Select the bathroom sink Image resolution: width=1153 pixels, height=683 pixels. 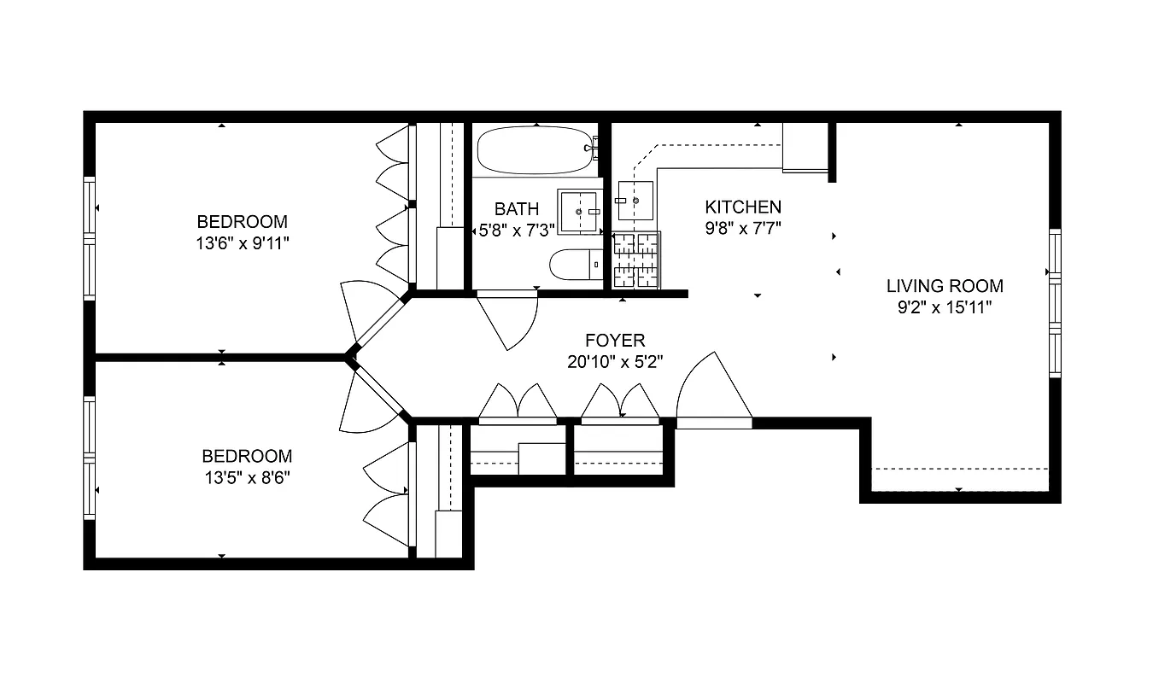click(580, 211)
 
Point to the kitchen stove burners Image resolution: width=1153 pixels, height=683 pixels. click(636, 260)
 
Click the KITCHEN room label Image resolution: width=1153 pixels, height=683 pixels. click(742, 207)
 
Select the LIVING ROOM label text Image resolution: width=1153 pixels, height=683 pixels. click(944, 286)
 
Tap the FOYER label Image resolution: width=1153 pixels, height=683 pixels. click(615, 341)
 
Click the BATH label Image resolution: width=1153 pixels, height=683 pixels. click(517, 208)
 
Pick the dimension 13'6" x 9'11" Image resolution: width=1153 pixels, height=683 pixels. click(243, 243)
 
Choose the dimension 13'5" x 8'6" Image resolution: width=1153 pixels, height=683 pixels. click(247, 478)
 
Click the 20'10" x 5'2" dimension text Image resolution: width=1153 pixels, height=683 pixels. click(615, 362)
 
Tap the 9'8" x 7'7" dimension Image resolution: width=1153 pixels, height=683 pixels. click(742, 228)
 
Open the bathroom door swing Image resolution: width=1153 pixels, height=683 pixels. click(509, 320)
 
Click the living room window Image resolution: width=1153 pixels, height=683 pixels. click(1054, 303)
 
